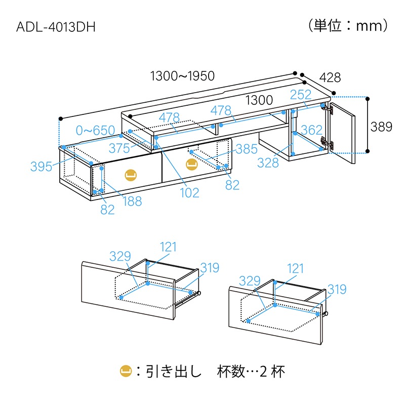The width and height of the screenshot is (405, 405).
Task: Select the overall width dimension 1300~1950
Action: [183, 76]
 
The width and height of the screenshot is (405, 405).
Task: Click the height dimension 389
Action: [381, 127]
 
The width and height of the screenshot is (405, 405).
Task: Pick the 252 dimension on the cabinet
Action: [301, 95]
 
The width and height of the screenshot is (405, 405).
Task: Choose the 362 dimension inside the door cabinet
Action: [311, 130]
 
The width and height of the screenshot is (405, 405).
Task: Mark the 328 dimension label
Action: [268, 162]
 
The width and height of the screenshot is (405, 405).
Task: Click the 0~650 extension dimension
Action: [95, 131]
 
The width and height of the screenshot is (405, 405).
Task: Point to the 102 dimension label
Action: [189, 193]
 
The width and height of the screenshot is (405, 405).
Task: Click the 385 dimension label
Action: [247, 149]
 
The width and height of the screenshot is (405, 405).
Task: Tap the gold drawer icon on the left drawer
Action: [131, 174]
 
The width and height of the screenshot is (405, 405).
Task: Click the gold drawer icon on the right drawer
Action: [191, 164]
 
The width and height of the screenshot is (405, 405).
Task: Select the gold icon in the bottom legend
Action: [126, 372]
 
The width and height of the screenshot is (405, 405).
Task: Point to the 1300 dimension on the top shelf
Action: [259, 100]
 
